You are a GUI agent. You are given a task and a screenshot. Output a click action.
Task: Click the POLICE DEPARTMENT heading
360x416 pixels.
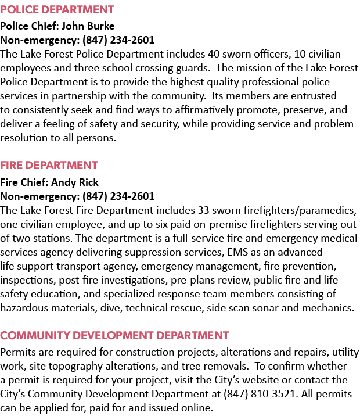[x=57, y=9]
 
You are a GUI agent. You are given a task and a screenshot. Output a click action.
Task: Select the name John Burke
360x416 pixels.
[x=88, y=26]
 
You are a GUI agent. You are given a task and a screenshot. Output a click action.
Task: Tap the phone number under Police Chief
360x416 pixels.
[x=118, y=40]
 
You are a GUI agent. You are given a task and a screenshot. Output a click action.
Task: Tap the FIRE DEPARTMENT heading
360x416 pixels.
[x=49, y=165]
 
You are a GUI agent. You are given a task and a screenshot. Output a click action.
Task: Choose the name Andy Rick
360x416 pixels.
[x=75, y=182]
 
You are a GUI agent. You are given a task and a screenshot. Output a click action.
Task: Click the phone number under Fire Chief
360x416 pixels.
[x=118, y=196]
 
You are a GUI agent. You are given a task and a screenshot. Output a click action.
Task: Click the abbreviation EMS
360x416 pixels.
[x=237, y=252]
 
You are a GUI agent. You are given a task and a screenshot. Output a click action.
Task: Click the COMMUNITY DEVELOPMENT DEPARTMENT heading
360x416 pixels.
[x=114, y=335]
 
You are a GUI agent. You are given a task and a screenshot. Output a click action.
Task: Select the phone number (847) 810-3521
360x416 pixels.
[x=260, y=394]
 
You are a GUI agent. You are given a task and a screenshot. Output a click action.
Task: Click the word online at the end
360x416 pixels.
[x=197, y=408]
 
